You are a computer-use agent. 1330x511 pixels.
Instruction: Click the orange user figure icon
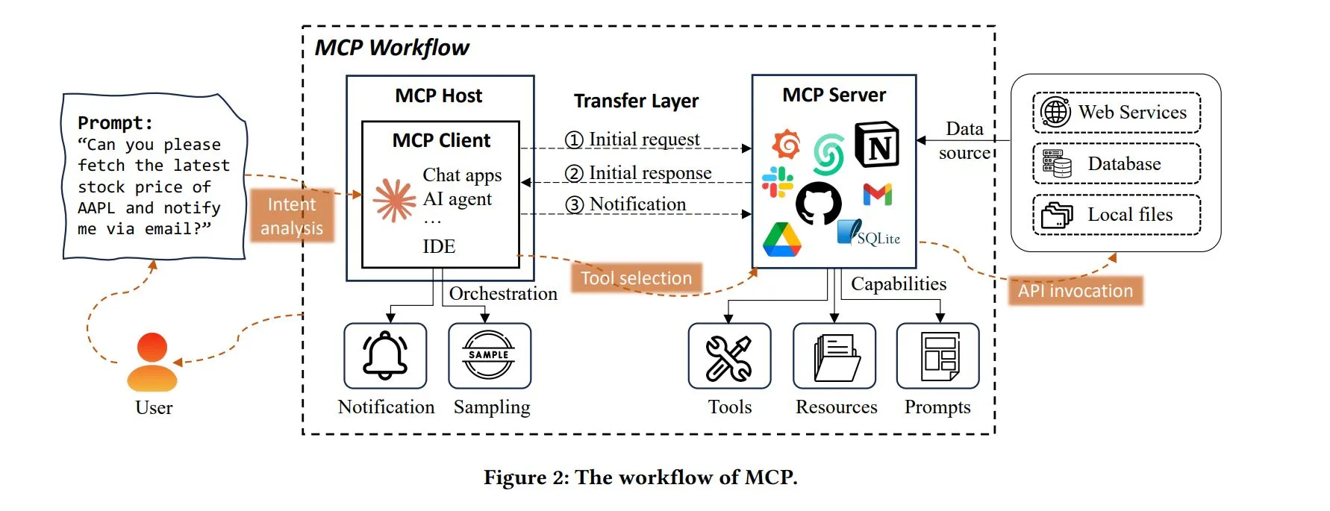tap(152, 363)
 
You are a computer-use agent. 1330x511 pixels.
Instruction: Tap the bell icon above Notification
tap(385, 355)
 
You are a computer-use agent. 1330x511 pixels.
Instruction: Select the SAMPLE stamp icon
tap(489, 355)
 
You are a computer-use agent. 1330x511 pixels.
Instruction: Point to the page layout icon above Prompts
tap(939, 356)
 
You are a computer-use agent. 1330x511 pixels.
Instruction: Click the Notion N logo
tap(877, 145)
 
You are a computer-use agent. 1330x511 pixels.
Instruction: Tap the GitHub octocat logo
tap(818, 203)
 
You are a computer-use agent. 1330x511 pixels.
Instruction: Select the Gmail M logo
tap(878, 195)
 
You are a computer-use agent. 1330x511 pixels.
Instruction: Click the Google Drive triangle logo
tap(781, 240)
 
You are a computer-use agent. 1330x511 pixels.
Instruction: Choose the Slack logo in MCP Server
tap(777, 181)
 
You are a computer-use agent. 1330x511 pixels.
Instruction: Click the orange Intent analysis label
tap(292, 216)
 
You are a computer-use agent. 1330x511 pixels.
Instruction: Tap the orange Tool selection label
tap(636, 278)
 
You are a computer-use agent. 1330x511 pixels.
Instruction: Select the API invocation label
tap(1075, 291)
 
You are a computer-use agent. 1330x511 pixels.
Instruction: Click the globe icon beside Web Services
tap(1055, 112)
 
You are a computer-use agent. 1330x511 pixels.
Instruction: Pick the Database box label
tap(1124, 164)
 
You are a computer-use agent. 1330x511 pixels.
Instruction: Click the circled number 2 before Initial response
tap(574, 174)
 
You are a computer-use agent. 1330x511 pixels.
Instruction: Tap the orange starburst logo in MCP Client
tap(394, 200)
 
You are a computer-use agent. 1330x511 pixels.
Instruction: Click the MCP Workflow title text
tap(392, 48)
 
